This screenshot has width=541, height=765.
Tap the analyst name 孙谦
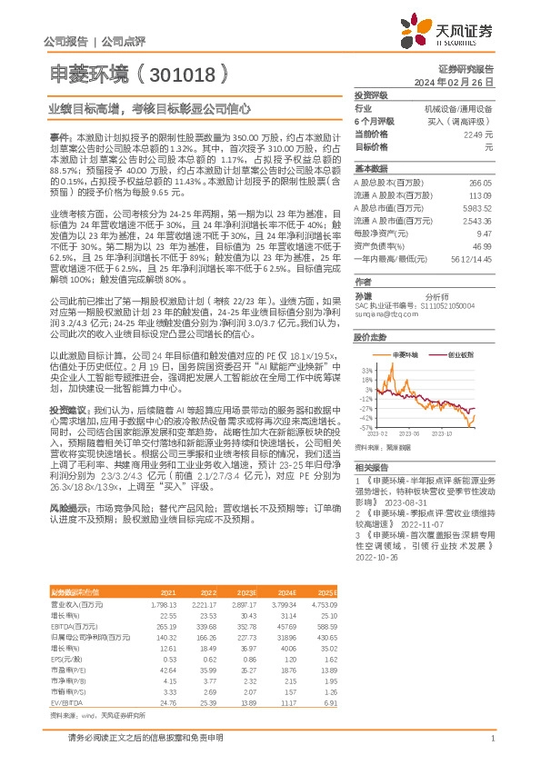point(363,296)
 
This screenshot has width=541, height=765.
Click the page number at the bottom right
point(491,740)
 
